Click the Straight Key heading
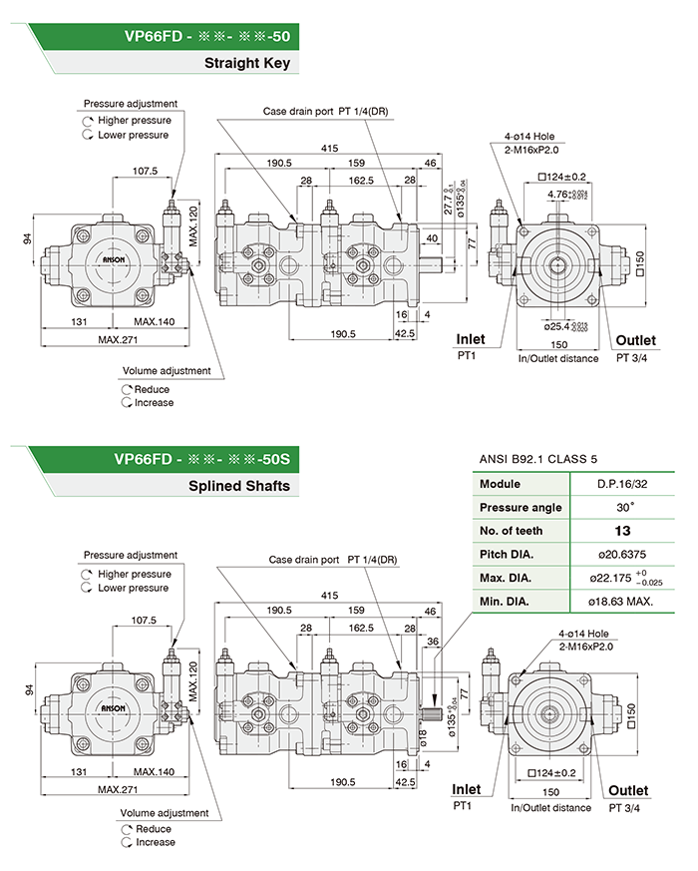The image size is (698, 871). (x=246, y=64)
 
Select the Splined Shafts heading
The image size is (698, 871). (x=239, y=486)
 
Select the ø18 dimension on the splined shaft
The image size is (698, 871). (x=422, y=738)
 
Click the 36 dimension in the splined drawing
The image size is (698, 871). (x=433, y=641)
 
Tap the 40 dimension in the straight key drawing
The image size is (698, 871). (x=432, y=238)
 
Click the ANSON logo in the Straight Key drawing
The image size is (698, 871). (x=117, y=258)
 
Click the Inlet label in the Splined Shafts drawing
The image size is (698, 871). (x=466, y=789)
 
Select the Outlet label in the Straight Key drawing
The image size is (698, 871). (x=635, y=341)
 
